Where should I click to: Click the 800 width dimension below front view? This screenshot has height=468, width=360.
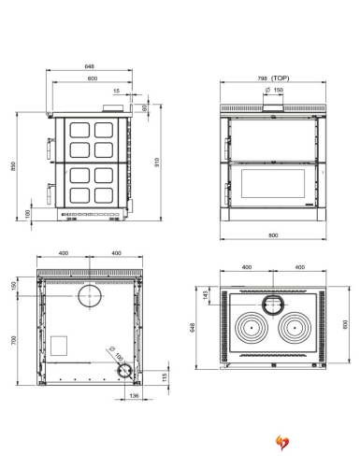[x=272, y=235]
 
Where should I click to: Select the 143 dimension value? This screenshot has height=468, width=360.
[x=206, y=297]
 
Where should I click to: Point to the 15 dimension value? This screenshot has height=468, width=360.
[x=115, y=92]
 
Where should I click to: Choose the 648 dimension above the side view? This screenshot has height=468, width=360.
[x=89, y=68]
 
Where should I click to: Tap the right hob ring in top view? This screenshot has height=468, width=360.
[x=295, y=331]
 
